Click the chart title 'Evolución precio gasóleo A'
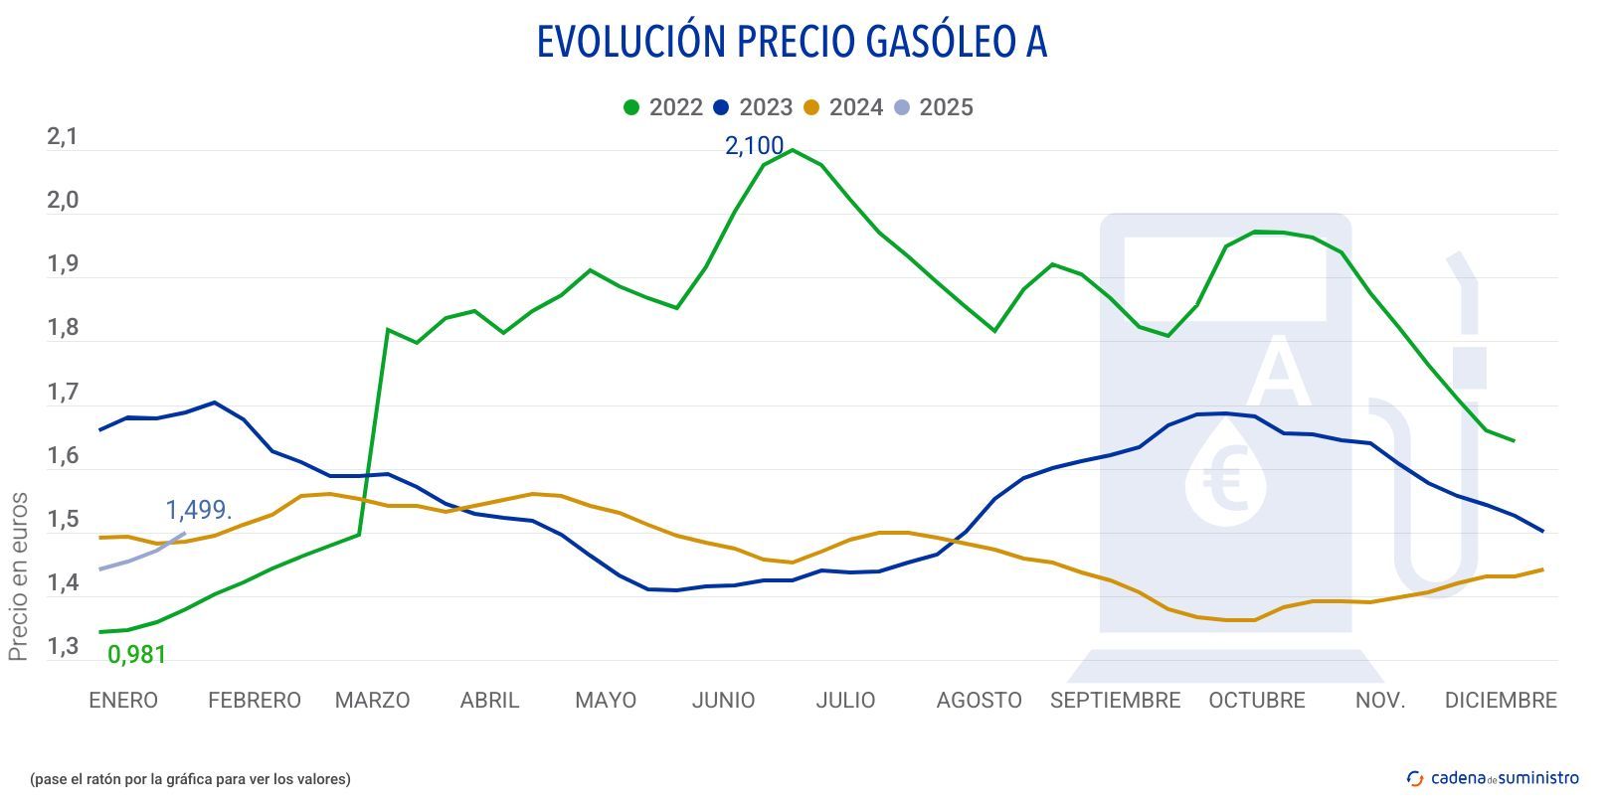coord(792,42)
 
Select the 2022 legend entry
coord(663,107)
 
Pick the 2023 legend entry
coord(753,107)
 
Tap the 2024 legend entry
coord(843,107)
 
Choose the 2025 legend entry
coord(933,107)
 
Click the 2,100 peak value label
coord(754,146)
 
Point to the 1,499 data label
coord(198,510)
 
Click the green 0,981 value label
coord(136,655)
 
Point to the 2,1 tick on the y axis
coord(62,137)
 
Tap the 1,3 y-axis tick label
coord(62,648)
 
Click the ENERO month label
coord(123,701)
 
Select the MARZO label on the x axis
coord(372,701)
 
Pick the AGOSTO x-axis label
coord(979,701)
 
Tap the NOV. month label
coord(1380,701)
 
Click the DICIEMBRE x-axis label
coord(1500,701)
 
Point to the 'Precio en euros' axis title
coord(18,576)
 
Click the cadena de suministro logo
coord(1493,778)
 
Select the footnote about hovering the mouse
coord(190,779)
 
